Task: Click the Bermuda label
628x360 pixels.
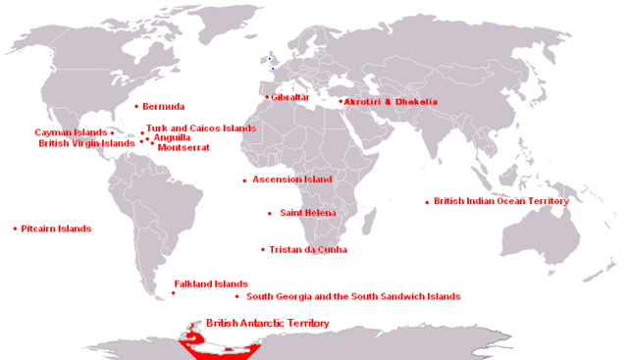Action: point(164,106)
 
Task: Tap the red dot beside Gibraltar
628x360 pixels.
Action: point(266,97)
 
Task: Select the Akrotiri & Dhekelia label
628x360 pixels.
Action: point(391,102)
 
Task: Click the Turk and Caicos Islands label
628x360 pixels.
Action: point(201,129)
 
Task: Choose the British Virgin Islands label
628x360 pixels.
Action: point(86,143)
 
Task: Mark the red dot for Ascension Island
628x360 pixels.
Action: point(244,180)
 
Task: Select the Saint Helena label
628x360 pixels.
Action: point(308,213)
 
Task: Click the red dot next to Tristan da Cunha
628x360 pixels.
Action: point(263,249)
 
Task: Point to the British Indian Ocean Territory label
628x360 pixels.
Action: point(501,201)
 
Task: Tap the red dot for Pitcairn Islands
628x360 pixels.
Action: point(15,229)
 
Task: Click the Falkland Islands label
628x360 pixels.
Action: point(211,283)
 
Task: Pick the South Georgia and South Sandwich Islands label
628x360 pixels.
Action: point(353,296)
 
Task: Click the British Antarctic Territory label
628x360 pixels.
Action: point(267,323)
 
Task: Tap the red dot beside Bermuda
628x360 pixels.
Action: point(135,106)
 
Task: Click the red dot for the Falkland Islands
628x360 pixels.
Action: point(174,292)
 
